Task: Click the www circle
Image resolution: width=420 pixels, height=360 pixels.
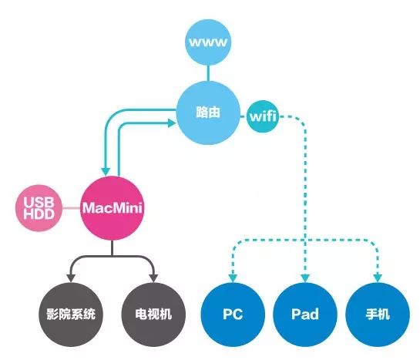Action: point(208,42)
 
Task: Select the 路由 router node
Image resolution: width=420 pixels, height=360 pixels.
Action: point(208,113)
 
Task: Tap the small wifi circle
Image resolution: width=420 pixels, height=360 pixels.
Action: point(263,116)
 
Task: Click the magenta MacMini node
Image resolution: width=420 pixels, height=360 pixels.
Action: point(113,208)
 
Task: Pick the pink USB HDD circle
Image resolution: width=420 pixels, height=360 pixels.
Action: point(39,208)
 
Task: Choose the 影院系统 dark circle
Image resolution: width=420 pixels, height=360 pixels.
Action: point(71,315)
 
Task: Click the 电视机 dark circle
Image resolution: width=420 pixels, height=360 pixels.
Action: point(153,315)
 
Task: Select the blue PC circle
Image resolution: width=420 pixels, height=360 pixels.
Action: point(233,315)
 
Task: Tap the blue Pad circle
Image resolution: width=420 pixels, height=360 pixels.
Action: point(305,315)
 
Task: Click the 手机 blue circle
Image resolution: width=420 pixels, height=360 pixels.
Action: point(378,315)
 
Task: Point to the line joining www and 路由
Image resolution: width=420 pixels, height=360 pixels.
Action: point(208,73)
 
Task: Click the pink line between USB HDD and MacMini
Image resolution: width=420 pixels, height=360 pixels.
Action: point(71,208)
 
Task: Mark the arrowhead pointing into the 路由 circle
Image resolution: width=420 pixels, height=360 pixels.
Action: point(172,123)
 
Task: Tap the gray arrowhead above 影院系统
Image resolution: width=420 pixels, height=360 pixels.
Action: point(71,278)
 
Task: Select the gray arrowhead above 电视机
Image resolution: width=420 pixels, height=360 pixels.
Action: point(153,278)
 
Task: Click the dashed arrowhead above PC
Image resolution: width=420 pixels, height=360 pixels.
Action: point(233,278)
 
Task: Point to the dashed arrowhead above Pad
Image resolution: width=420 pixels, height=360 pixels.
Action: point(305,278)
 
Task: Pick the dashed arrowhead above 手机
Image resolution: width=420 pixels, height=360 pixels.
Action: point(378,278)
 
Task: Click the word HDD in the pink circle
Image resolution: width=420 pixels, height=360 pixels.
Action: point(39,214)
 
